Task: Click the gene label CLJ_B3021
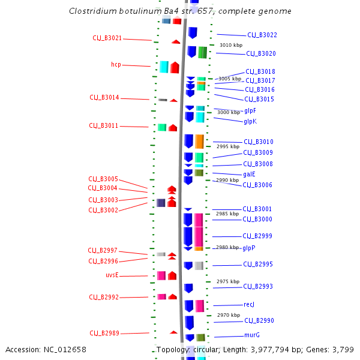[107, 38]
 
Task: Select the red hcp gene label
[116, 65]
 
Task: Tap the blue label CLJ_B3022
[262, 35]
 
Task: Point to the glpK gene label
[250, 121]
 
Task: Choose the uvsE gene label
[112, 275]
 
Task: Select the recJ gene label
[249, 305]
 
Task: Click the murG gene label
[252, 335]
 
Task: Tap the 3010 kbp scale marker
[231, 45]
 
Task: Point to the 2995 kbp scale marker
[228, 146]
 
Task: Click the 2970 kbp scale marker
[229, 315]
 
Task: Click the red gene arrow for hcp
[175, 67]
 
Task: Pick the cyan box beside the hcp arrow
[164, 67]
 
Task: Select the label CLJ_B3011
[104, 126]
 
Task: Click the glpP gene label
[249, 248]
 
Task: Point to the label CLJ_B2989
[104, 333]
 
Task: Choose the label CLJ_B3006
[257, 185]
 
